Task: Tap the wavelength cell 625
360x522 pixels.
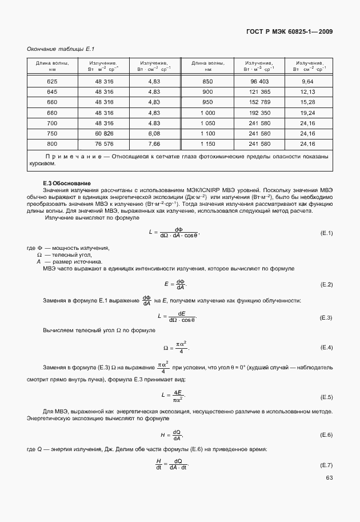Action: (x=52, y=82)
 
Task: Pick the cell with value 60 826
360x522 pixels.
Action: (x=105, y=133)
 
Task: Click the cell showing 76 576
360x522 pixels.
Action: (x=105, y=144)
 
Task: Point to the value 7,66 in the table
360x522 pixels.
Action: (x=153, y=144)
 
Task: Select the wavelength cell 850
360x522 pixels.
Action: (x=207, y=82)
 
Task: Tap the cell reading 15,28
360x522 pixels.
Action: (x=308, y=102)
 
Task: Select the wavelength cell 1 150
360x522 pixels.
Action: (x=207, y=144)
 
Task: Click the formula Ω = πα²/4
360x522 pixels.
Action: (x=175, y=346)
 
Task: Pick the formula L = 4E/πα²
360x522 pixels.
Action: (x=175, y=396)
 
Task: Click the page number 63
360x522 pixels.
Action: (x=329, y=479)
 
